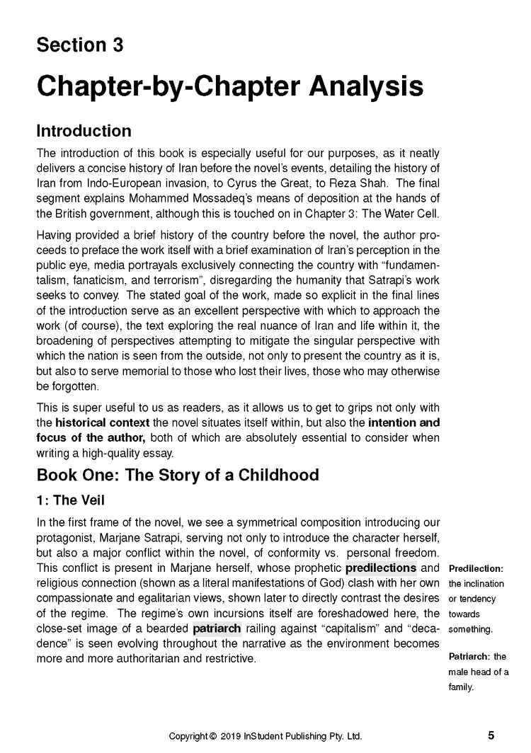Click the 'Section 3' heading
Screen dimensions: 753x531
(x=79, y=45)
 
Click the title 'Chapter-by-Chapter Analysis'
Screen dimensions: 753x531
(x=230, y=86)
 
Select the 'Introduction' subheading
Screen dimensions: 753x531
(x=84, y=131)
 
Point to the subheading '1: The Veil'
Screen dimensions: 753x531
(x=70, y=500)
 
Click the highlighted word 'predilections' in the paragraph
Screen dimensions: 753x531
(x=381, y=568)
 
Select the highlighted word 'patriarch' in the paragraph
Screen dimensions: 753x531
(x=217, y=628)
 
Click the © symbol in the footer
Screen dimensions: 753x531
(x=213, y=736)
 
